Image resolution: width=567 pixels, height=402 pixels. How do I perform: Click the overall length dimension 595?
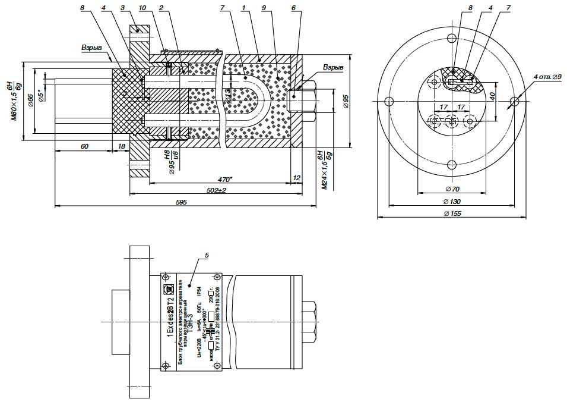click(x=182, y=203)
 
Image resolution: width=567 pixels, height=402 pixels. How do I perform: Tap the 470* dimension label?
click(x=224, y=179)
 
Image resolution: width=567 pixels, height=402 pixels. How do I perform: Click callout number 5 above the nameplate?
click(x=206, y=255)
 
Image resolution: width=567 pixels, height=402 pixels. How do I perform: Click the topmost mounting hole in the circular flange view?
click(x=452, y=39)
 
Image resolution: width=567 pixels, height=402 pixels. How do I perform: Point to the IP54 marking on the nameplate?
click(x=201, y=291)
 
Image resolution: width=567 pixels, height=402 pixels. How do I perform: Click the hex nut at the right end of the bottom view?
click(x=310, y=324)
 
